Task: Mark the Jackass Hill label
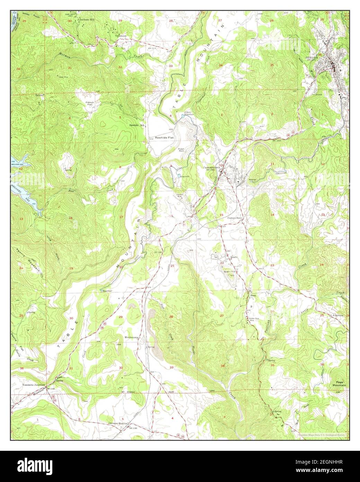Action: point(87,20)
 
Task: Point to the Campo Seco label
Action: point(234,218)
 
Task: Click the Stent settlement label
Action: point(253,295)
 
